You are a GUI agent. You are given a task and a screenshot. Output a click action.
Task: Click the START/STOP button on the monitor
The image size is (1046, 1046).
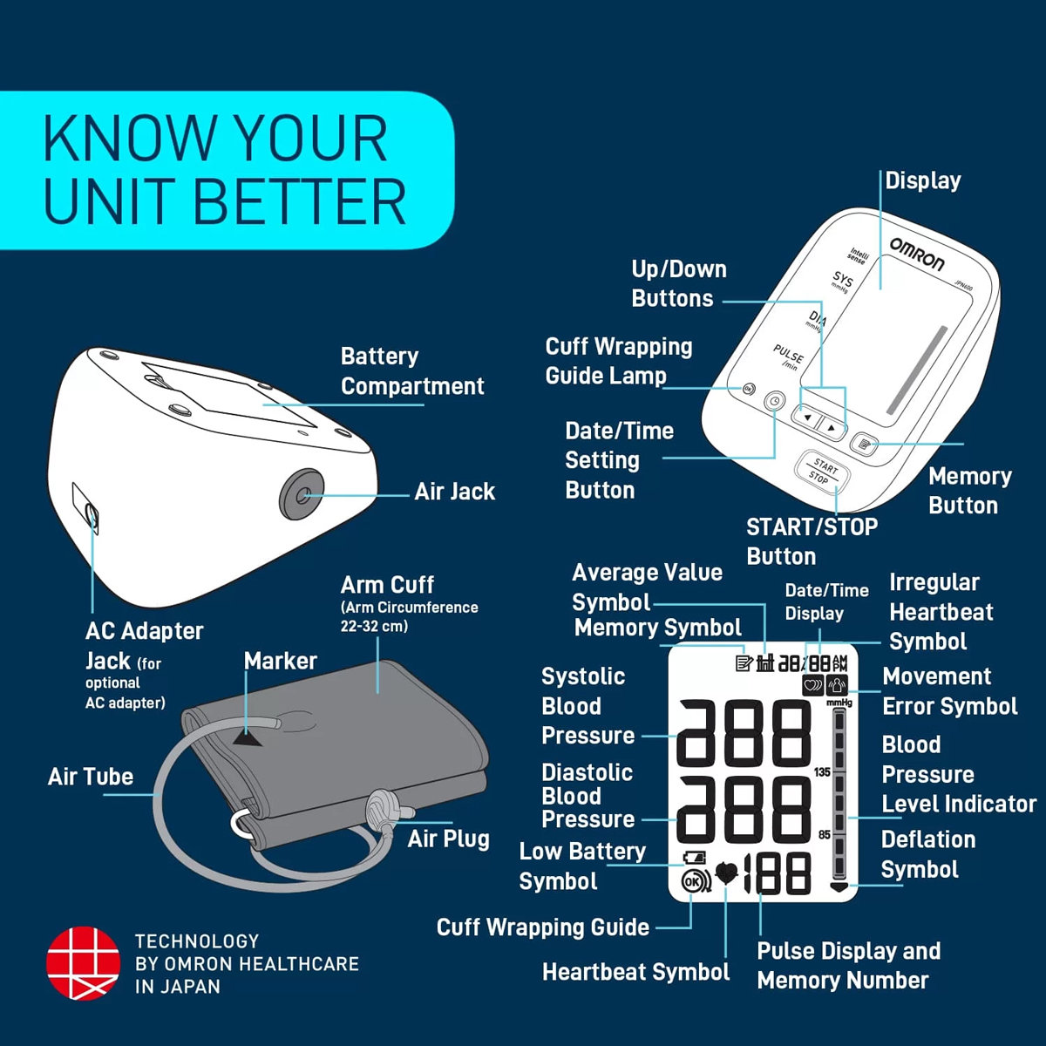(822, 472)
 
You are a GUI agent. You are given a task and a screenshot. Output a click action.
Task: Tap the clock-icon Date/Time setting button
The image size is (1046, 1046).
(775, 402)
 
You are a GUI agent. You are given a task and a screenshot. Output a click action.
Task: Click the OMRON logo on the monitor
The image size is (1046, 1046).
(917, 254)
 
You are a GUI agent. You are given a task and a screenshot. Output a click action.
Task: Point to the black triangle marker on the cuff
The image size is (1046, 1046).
(247, 740)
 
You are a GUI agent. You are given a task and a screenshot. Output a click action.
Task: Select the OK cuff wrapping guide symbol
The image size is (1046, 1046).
(696, 881)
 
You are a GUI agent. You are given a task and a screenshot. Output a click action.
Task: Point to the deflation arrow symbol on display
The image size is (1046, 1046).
(839, 887)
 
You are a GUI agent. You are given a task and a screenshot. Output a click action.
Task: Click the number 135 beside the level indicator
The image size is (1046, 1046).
(822, 772)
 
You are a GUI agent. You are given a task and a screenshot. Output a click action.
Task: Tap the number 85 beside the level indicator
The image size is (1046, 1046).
(824, 834)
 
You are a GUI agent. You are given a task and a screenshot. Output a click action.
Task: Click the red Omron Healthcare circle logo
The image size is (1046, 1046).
(83, 963)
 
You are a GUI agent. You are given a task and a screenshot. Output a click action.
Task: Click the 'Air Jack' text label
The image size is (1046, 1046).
(455, 492)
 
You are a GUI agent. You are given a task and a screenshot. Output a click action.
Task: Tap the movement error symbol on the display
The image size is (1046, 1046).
(837, 685)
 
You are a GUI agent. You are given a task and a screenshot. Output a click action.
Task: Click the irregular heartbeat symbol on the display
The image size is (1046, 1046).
(812, 685)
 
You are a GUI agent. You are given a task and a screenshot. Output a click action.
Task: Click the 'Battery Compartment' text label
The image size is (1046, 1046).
(412, 371)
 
